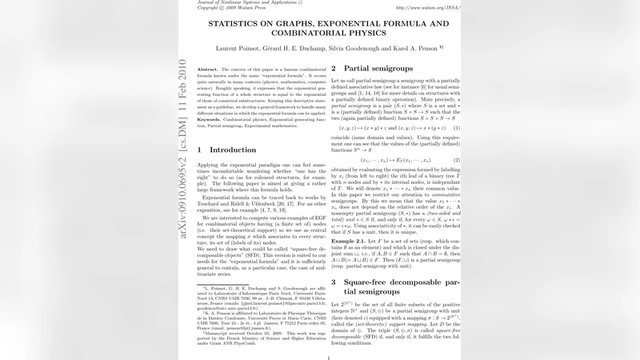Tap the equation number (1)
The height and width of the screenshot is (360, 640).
tap(457, 128)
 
